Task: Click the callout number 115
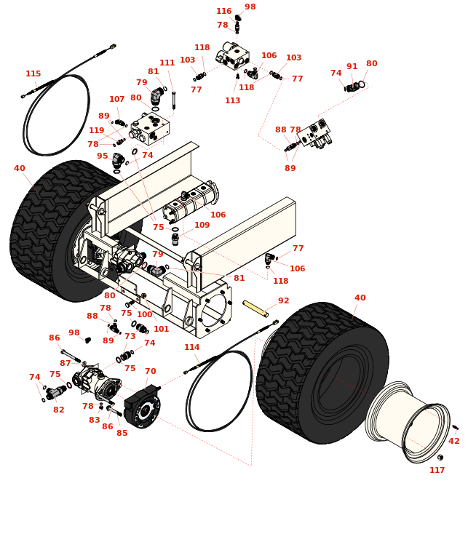[33, 73]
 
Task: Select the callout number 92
[283, 300]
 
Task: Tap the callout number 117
[437, 470]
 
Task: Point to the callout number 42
[454, 441]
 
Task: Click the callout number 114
[192, 347]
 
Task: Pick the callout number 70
[151, 371]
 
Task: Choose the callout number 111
[167, 63]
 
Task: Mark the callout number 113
[233, 100]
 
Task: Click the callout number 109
[202, 225]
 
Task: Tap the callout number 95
[103, 156]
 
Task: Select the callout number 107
[117, 99]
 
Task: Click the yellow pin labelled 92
[255, 308]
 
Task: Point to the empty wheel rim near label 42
[408, 422]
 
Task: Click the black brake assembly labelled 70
[143, 407]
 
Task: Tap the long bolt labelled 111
[173, 100]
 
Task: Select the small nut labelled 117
[440, 458]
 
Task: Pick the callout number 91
[352, 67]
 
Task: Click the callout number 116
[224, 11]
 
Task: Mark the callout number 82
[59, 410]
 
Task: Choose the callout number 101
[162, 329]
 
